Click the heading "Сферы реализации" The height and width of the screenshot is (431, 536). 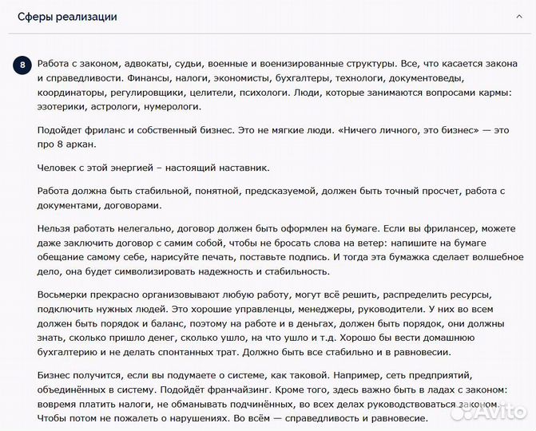click(x=67, y=17)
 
